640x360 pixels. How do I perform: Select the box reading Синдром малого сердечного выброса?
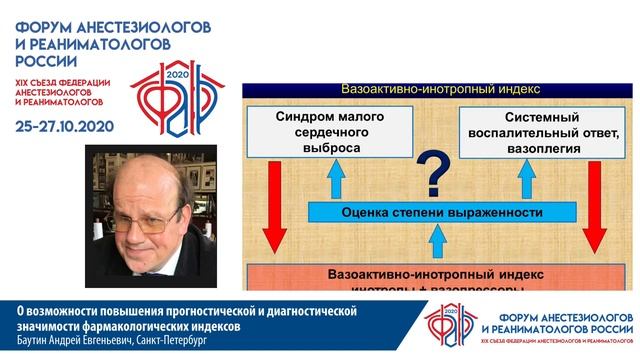coord(316,133)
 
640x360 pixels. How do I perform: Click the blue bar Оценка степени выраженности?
coord(428,213)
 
